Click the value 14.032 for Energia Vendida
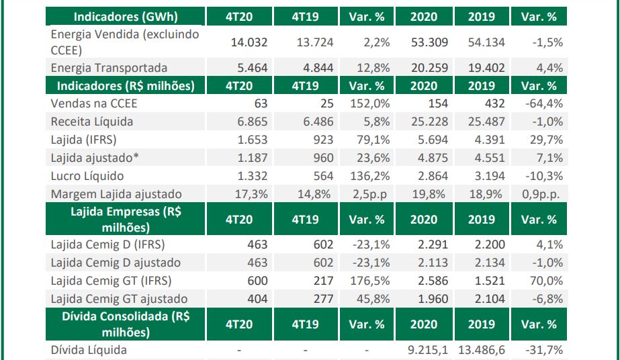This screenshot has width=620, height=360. (x=249, y=42)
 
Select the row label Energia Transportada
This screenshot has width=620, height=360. (x=109, y=68)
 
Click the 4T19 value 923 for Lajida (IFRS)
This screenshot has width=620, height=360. (x=322, y=140)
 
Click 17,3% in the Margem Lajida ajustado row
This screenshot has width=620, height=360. (x=253, y=194)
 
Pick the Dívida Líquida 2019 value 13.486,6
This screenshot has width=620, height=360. (x=482, y=349)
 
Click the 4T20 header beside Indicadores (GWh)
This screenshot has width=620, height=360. (x=240, y=17)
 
